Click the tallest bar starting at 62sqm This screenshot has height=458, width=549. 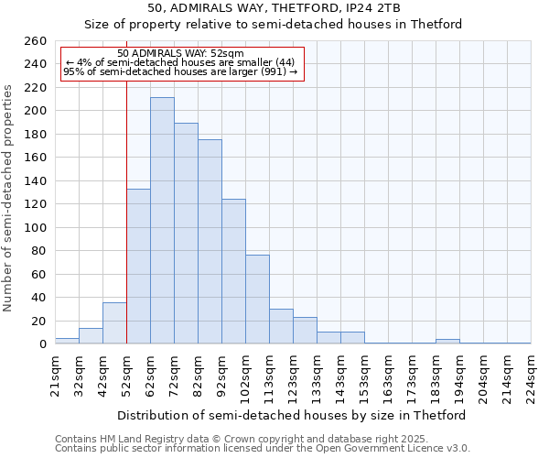click(x=162, y=221)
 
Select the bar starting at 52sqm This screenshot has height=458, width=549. click(x=138, y=267)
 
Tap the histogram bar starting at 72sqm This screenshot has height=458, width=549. click(x=186, y=234)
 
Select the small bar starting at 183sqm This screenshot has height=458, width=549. click(x=447, y=342)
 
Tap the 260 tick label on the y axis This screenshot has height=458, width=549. click(x=35, y=41)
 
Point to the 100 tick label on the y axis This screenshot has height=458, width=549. click(x=35, y=227)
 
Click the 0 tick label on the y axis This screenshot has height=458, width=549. click(x=42, y=344)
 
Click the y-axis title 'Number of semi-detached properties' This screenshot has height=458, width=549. click(x=9, y=198)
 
